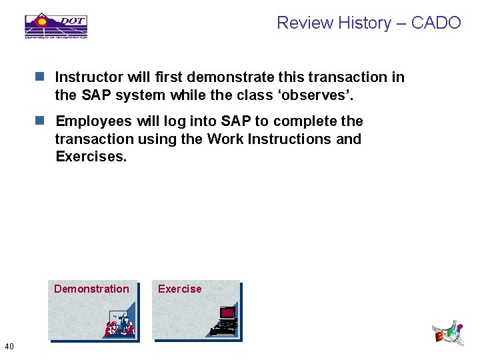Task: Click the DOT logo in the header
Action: pyautogui.click(x=56, y=25)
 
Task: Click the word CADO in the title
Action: pyautogui.click(x=436, y=23)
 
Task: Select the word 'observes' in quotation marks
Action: pyautogui.click(x=315, y=95)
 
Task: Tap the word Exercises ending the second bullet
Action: pyautogui.click(x=91, y=157)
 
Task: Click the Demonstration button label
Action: pyautogui.click(x=91, y=289)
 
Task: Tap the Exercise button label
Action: pyautogui.click(x=179, y=289)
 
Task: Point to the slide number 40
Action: pyautogui.click(x=9, y=345)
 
